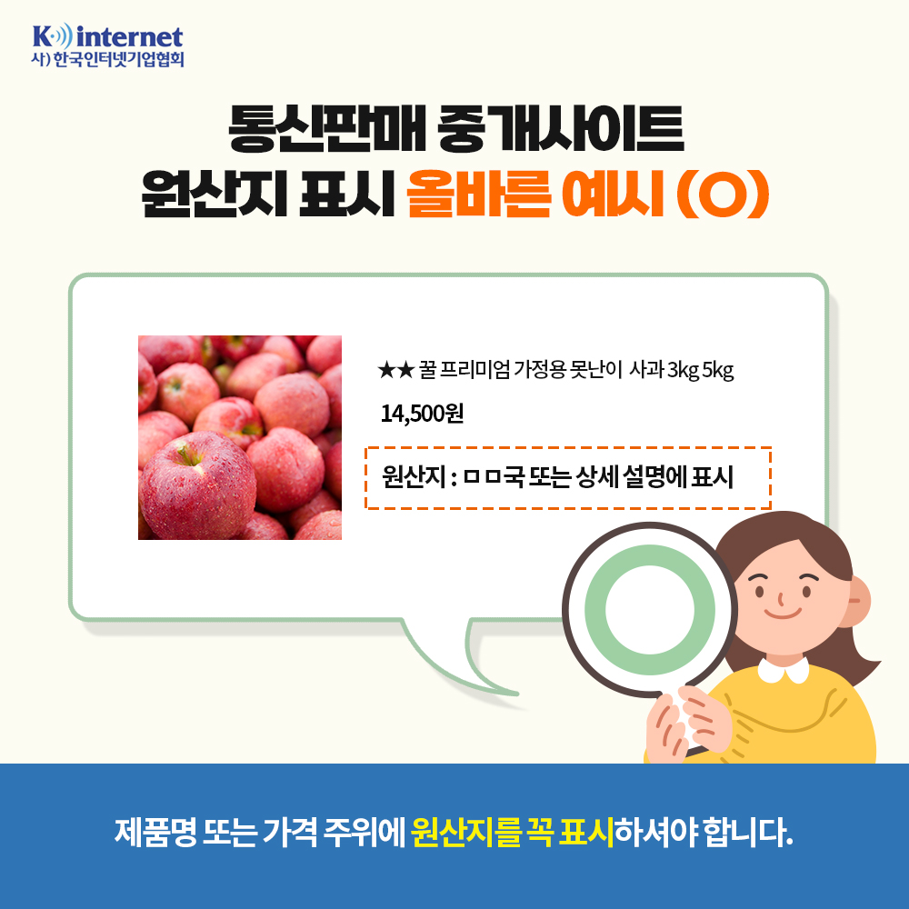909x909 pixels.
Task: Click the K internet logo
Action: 108,45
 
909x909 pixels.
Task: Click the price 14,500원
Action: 422,414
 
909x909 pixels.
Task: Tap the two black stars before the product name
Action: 395,370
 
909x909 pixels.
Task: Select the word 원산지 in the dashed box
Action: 414,477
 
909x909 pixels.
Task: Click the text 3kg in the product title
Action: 683,370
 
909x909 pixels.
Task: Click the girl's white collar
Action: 784,670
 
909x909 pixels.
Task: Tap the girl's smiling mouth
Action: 782,613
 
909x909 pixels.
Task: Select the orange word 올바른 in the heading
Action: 479,194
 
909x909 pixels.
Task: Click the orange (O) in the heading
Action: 723,195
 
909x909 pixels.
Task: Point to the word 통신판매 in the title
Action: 327,128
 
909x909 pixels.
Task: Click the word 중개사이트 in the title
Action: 561,128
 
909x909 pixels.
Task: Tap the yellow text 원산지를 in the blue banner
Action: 466,833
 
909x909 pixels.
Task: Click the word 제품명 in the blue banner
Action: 156,833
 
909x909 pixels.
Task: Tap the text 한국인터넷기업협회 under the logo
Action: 118,60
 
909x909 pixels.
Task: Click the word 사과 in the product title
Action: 645,370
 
